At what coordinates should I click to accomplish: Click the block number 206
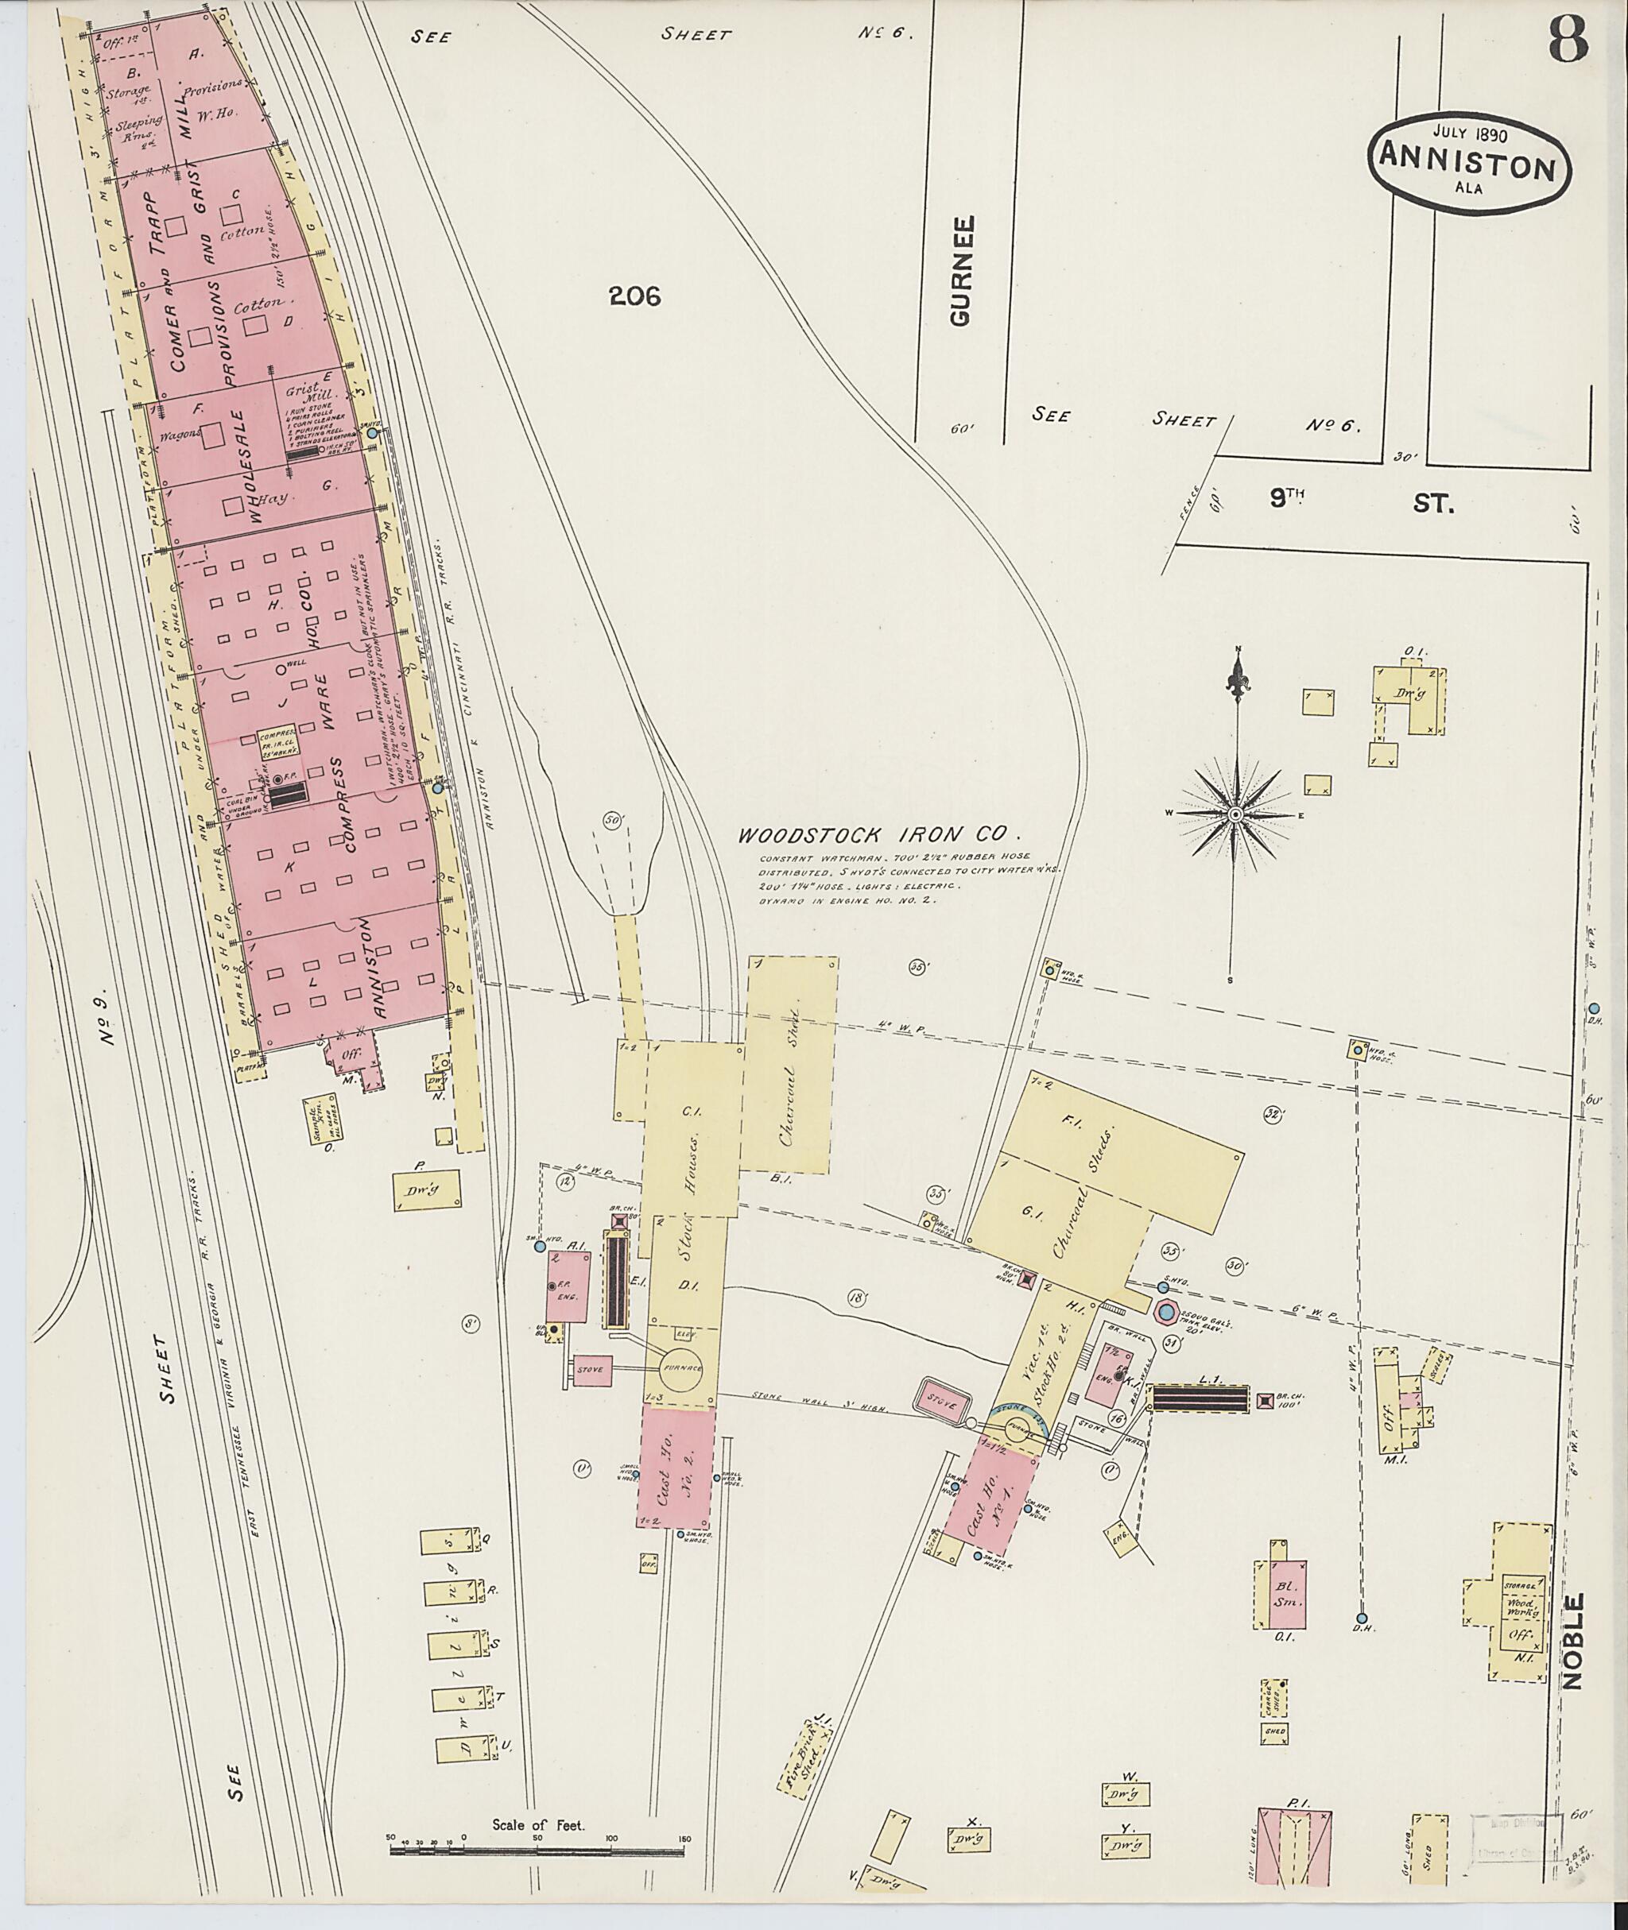pyautogui.click(x=635, y=296)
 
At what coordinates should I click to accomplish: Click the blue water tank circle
pyautogui.click(x=1165, y=1312)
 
